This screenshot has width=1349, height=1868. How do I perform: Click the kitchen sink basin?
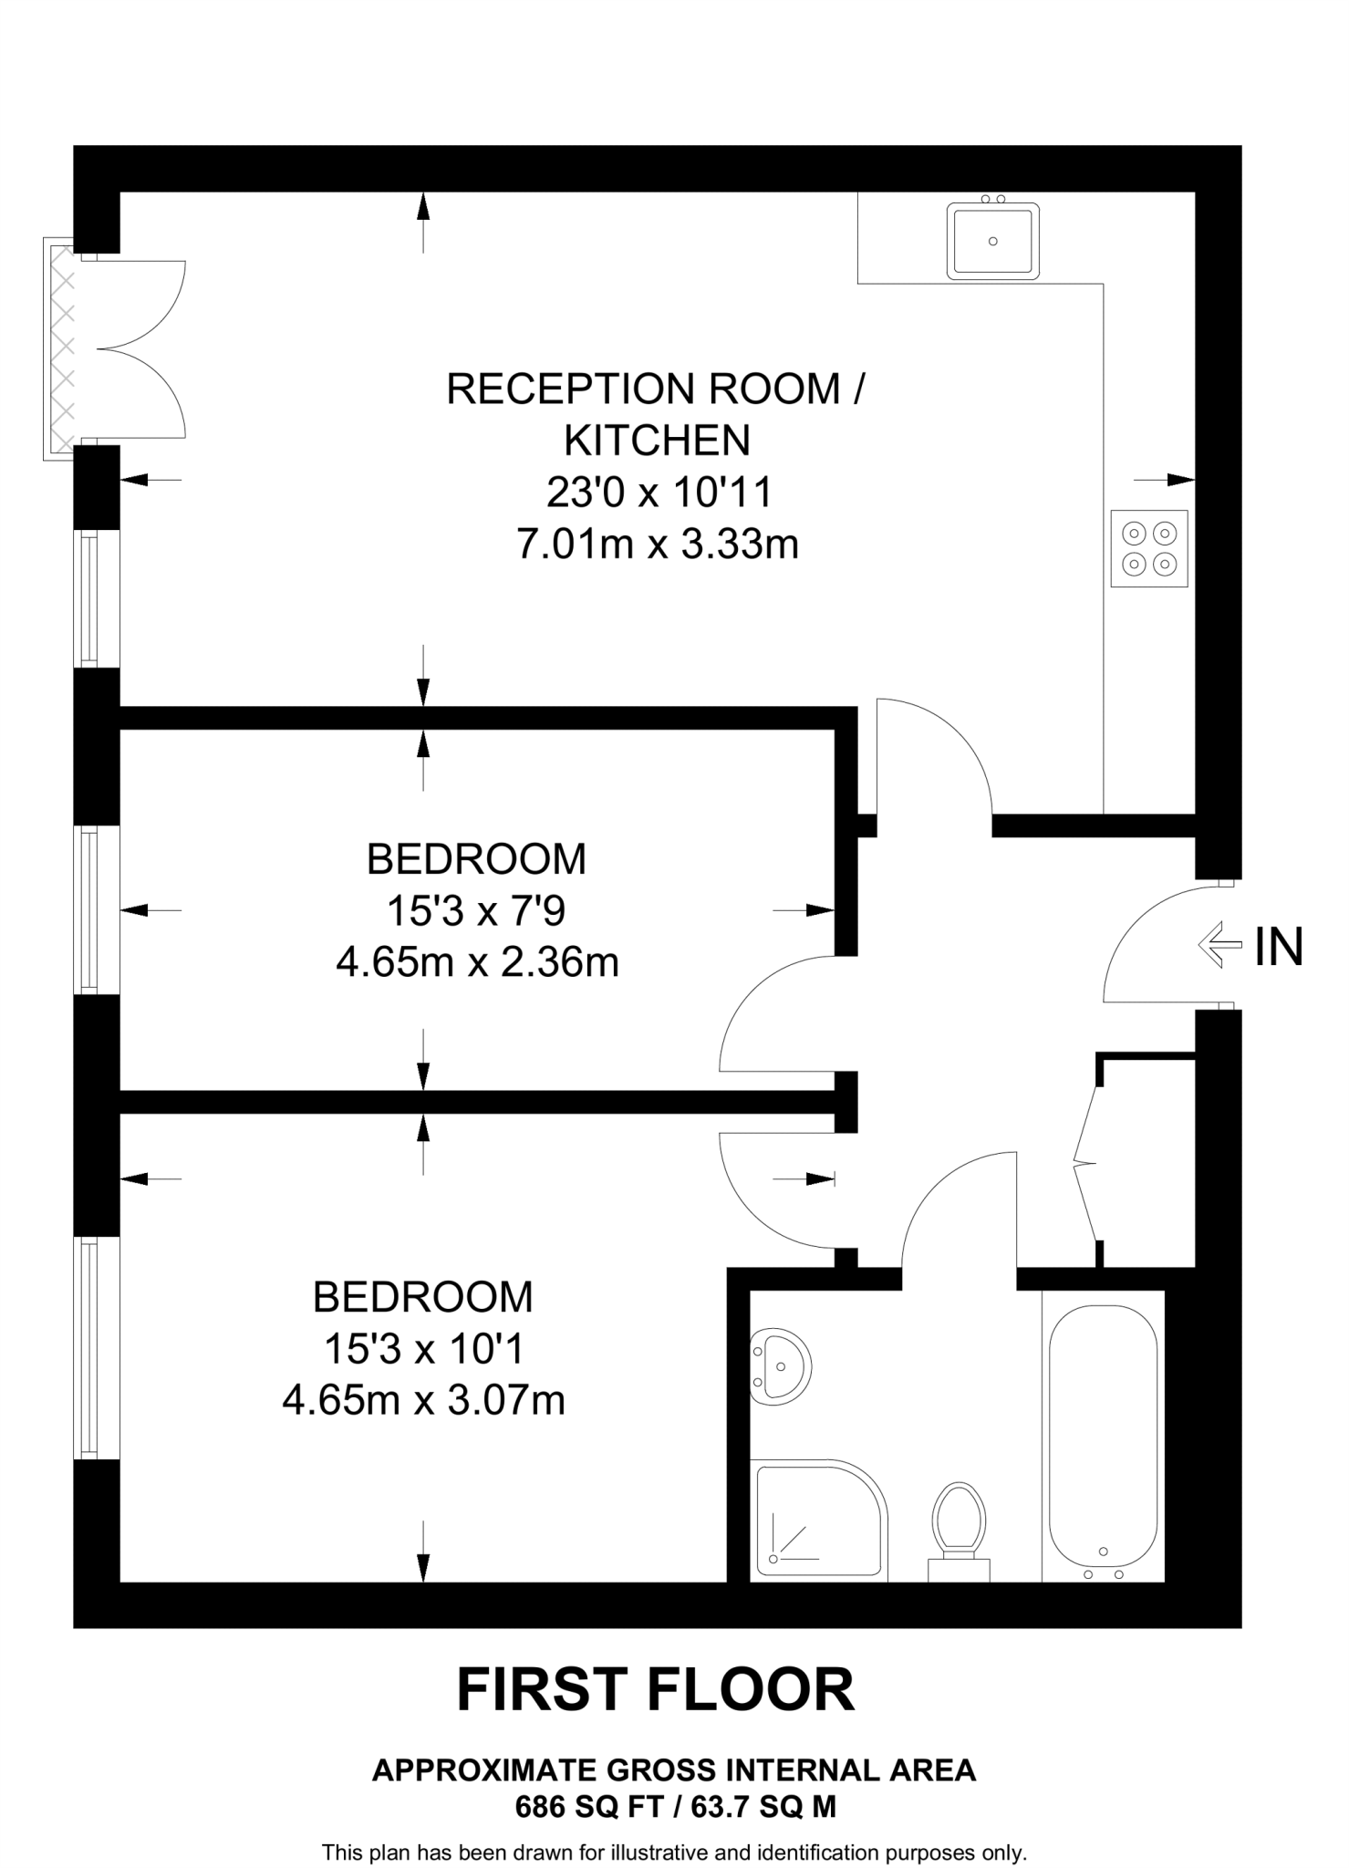993,242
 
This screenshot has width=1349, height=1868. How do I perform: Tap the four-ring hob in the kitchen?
1149,548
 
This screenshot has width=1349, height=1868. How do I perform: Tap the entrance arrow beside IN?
1219,945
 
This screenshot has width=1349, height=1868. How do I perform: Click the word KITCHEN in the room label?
657,441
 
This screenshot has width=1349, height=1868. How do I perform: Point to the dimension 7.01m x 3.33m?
657,545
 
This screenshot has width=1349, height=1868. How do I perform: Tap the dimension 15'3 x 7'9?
477,910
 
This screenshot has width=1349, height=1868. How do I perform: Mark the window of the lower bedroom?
88,1348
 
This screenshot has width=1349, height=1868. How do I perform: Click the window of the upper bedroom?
88,909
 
